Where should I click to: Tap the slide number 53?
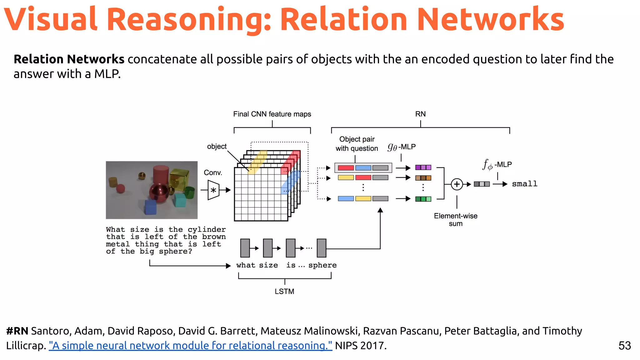pyautogui.click(x=624, y=346)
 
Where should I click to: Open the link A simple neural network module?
pyautogui.click(x=190, y=346)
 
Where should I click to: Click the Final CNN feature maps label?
pyautogui.click(x=272, y=114)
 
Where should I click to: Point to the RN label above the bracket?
pyautogui.click(x=420, y=114)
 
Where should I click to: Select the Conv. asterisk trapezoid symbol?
pyautogui.click(x=213, y=190)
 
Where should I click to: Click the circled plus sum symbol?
pyautogui.click(x=457, y=184)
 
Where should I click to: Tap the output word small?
pyautogui.click(x=524, y=184)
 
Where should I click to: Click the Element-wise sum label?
pyautogui.click(x=456, y=220)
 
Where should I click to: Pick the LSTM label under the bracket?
pyautogui.click(x=284, y=291)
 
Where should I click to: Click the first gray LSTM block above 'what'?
pyautogui.click(x=245, y=248)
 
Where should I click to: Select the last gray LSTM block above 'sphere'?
pyautogui.click(x=322, y=248)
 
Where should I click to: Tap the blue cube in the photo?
pyautogui.click(x=151, y=207)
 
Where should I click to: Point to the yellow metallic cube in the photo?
pyautogui.click(x=179, y=178)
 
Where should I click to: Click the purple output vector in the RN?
pyautogui.click(x=423, y=167)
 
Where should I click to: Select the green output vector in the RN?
pyautogui.click(x=423, y=199)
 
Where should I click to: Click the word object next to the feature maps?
pyautogui.click(x=217, y=146)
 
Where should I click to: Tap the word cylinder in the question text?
pyautogui.click(x=207, y=230)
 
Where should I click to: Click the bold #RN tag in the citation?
pyautogui.click(x=17, y=331)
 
